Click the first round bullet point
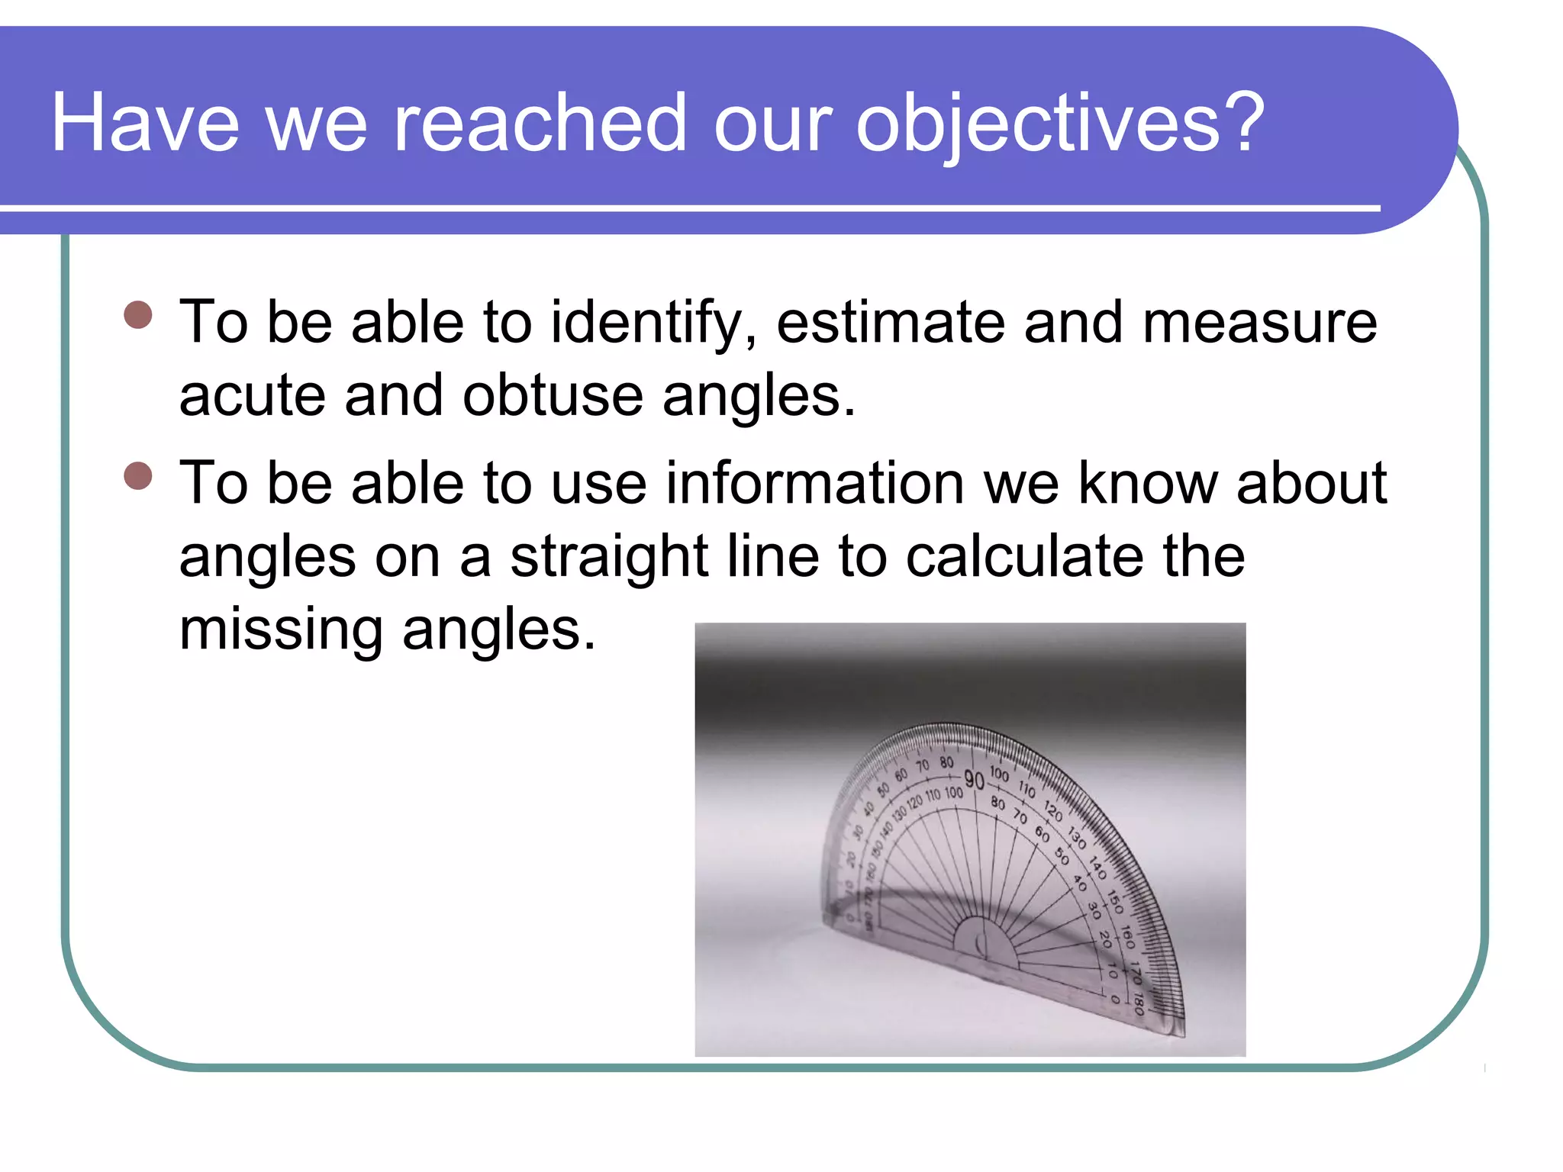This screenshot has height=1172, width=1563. coord(138,314)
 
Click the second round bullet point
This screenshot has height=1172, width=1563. coord(138,475)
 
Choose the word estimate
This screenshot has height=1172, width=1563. coord(890,322)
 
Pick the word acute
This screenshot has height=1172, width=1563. coord(252,395)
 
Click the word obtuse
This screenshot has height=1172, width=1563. coord(553,395)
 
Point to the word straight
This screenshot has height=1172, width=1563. coord(609,557)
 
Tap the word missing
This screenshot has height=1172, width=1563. coord(281,630)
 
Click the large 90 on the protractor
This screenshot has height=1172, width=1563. coord(974,780)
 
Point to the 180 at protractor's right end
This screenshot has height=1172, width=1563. coord(1138,1002)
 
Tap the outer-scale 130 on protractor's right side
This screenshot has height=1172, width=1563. coord(1077,838)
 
